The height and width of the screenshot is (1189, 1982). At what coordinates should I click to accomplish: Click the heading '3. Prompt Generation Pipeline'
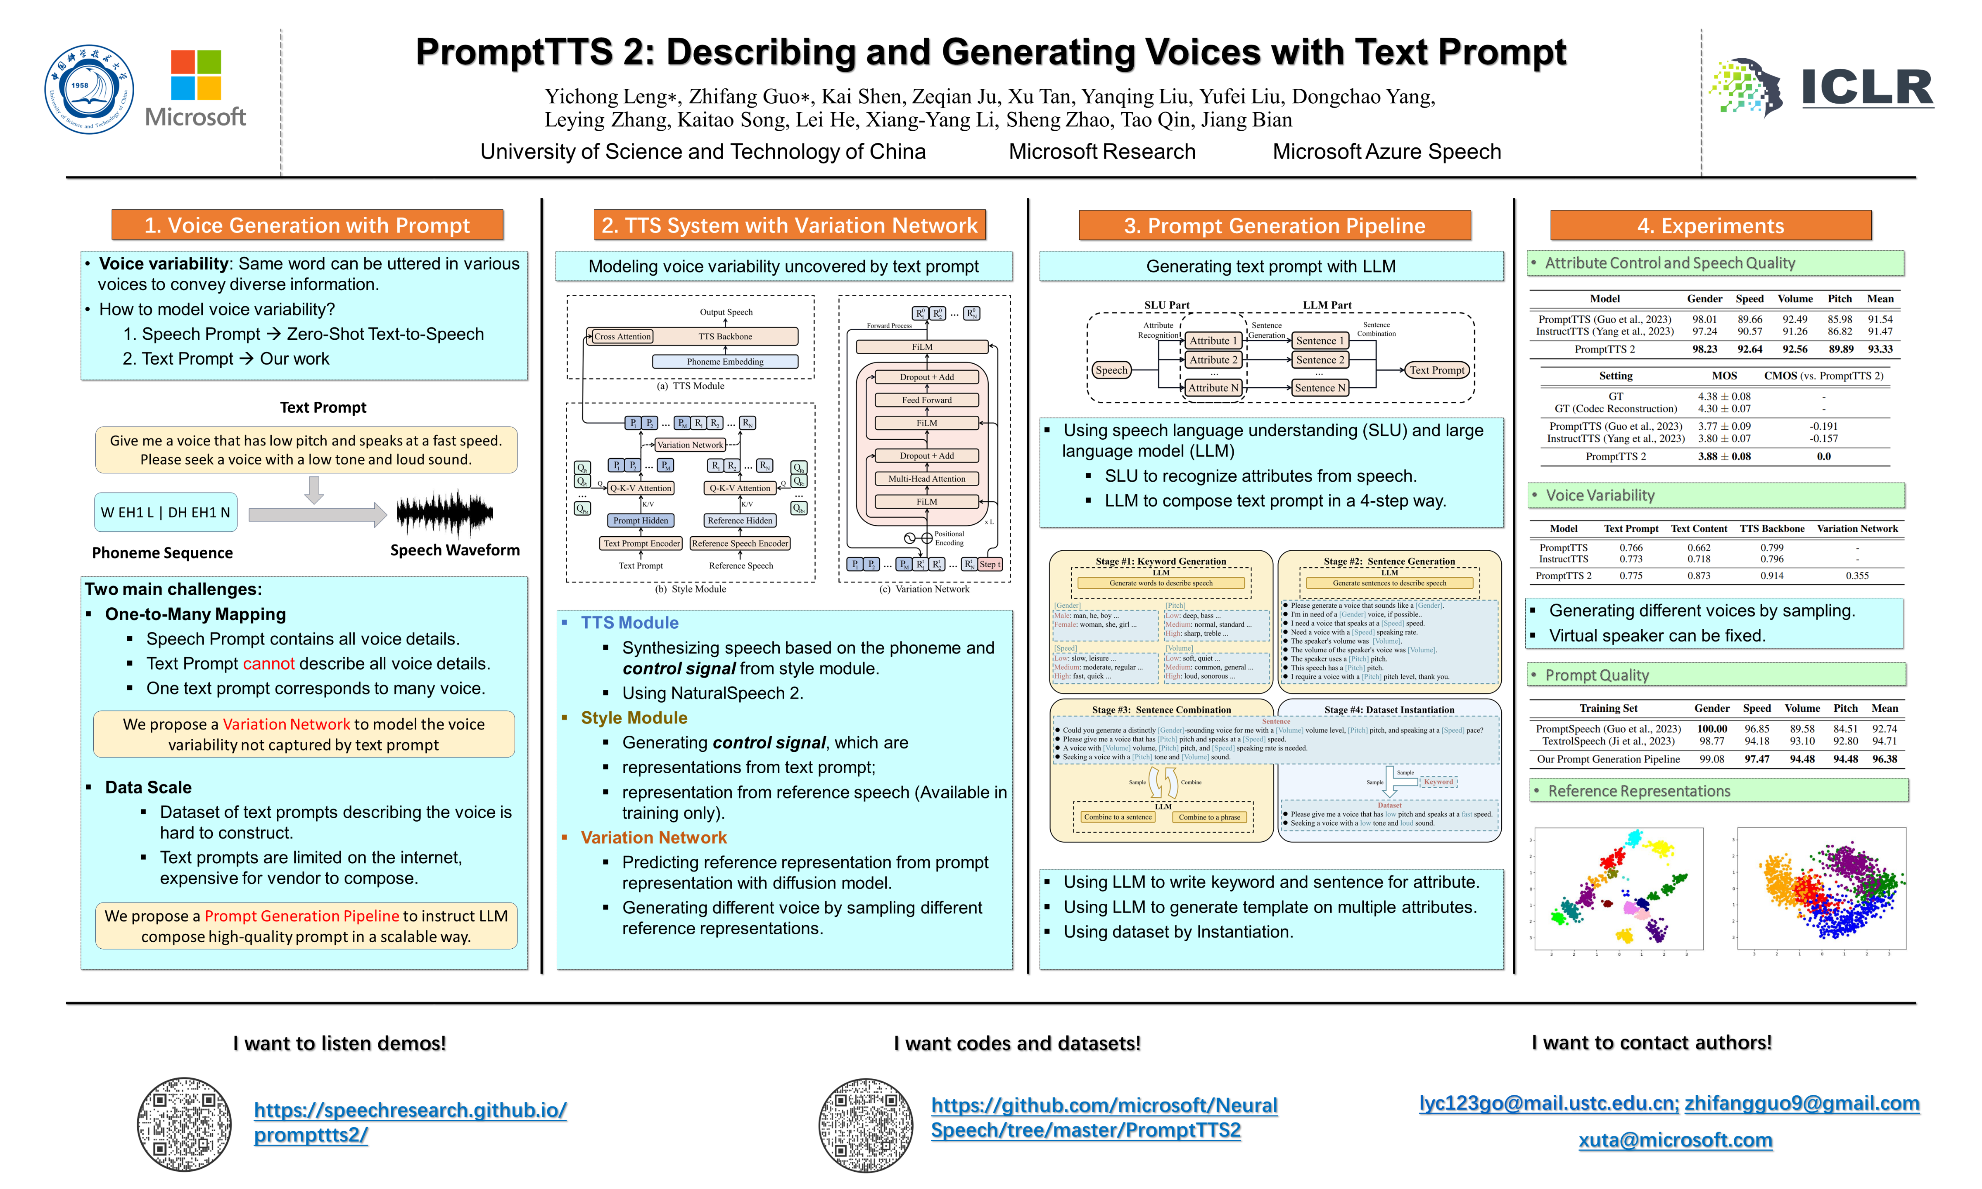(1274, 226)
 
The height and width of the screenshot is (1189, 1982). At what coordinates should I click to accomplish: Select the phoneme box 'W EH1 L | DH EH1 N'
(165, 513)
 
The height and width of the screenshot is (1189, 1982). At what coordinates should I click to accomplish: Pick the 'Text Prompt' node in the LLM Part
(1437, 370)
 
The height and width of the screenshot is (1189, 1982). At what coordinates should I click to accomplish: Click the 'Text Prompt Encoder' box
(641, 543)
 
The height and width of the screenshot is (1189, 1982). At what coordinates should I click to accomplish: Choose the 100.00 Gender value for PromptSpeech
(1711, 729)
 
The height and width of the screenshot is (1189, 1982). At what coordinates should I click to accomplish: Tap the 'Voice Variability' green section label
(1600, 495)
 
